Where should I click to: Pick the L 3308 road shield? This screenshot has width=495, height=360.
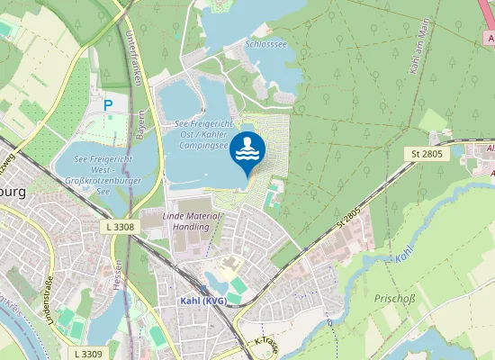pos(119,227)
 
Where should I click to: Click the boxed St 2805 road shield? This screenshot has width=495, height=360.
pos(427,156)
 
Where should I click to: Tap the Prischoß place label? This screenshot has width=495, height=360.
pos(391,297)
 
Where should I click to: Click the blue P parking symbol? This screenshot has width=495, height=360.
pos(108,105)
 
